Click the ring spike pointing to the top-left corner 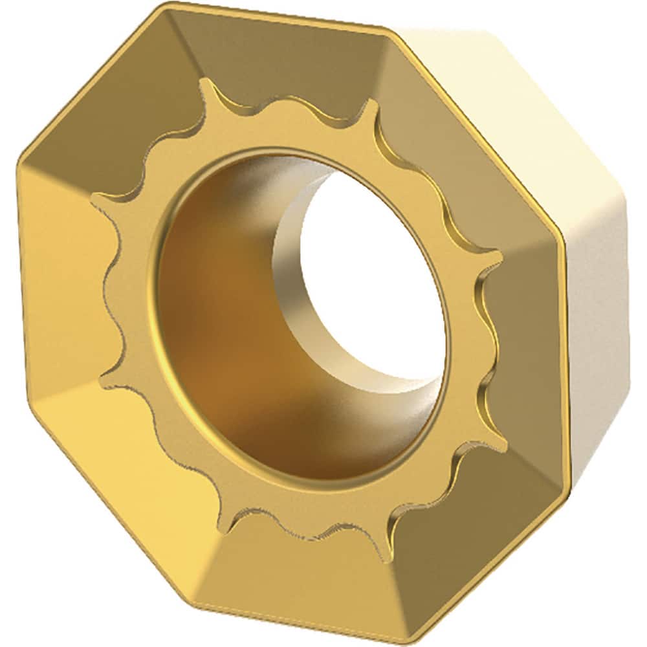pos(206,85)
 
